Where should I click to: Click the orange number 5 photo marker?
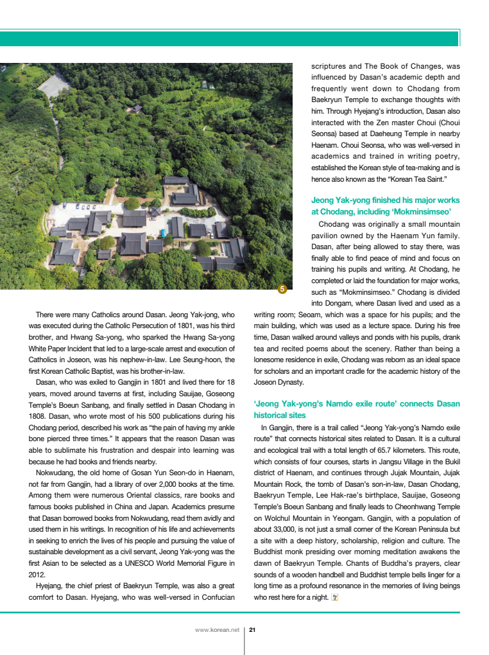tap(281, 290)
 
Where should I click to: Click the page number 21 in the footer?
tap(253, 630)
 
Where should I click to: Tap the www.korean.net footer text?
tap(217, 630)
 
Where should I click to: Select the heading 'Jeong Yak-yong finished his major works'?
tap(385, 200)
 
